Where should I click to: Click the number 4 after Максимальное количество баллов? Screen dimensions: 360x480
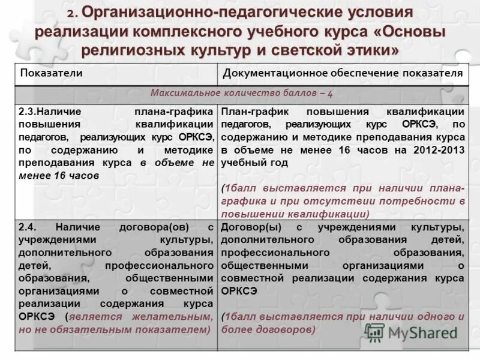(330, 94)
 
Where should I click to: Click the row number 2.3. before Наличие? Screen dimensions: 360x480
(29, 112)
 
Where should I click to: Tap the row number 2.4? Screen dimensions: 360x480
(29, 228)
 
